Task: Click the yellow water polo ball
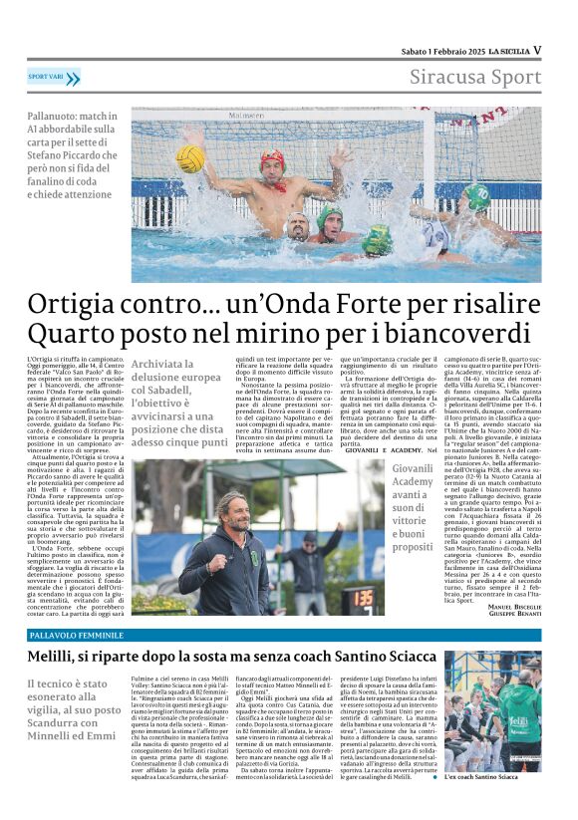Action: point(190,158)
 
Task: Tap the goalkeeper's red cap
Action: point(272,157)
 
